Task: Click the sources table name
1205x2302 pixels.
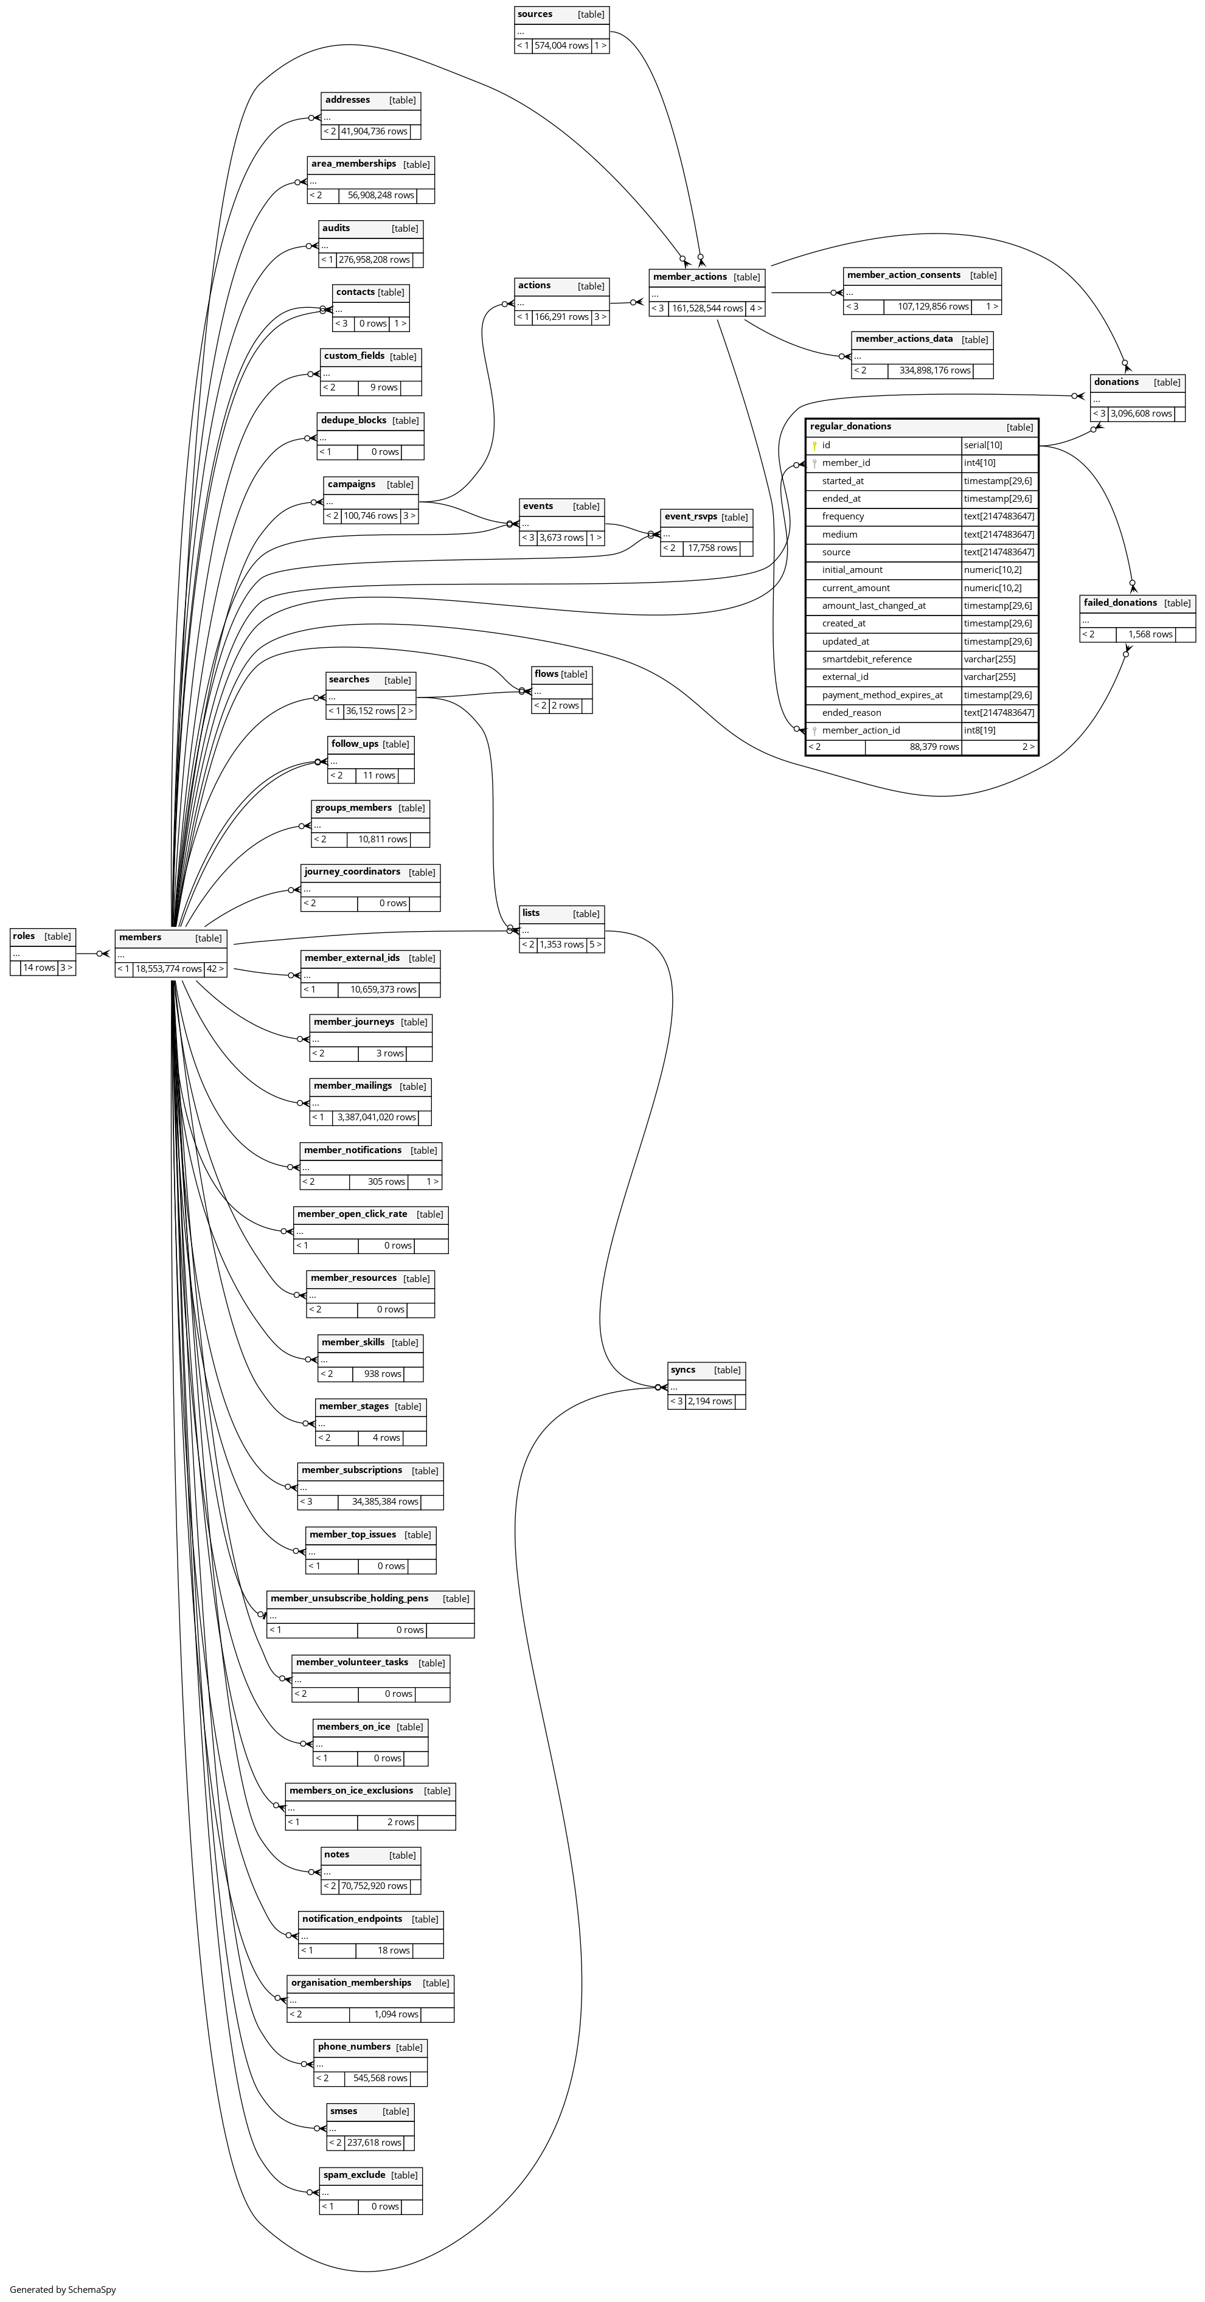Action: [535, 15]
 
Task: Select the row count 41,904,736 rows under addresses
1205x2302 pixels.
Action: [373, 131]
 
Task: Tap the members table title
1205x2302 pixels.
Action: [141, 937]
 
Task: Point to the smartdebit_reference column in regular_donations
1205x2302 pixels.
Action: [867, 659]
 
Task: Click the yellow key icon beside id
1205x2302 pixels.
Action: [814, 445]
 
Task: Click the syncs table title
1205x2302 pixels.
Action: [683, 1370]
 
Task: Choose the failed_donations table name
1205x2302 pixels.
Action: [1120, 603]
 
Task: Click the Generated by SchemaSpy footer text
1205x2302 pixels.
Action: [63, 2289]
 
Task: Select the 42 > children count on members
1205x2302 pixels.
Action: [215, 969]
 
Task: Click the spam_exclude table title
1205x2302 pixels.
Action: [354, 2175]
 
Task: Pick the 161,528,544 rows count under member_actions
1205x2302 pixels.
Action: [707, 308]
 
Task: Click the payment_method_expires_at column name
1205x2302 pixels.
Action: [882, 695]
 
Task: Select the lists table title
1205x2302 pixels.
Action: [531, 914]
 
